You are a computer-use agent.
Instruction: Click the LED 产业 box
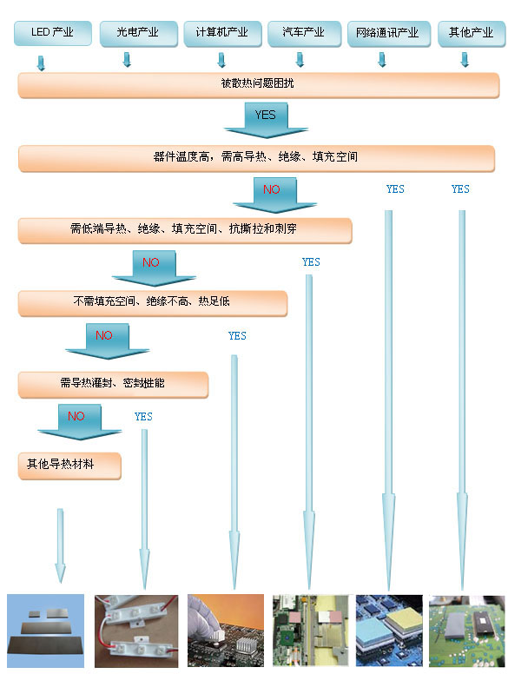click(x=53, y=33)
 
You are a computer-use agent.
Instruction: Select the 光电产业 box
click(x=138, y=33)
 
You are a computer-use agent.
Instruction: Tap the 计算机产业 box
click(x=222, y=33)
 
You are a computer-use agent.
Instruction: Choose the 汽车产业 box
click(x=304, y=33)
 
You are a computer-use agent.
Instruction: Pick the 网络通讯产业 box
click(x=388, y=33)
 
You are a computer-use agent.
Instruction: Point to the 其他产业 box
click(x=472, y=33)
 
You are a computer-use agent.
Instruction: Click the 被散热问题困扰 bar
click(x=258, y=85)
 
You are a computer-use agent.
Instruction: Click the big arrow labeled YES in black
click(x=266, y=121)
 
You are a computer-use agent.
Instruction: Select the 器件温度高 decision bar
click(x=256, y=158)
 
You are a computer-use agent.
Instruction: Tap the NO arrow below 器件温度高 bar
click(x=274, y=195)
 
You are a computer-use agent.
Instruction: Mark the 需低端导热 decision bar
click(x=185, y=230)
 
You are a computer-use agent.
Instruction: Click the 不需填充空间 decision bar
click(x=153, y=303)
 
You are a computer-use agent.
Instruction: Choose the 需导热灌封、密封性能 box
click(x=113, y=385)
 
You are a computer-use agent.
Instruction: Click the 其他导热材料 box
click(x=69, y=466)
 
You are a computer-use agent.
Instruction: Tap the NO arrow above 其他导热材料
click(x=80, y=421)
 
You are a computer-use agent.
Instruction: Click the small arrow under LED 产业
click(x=41, y=63)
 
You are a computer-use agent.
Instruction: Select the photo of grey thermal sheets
click(x=45, y=631)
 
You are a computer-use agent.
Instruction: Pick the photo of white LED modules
click(x=136, y=631)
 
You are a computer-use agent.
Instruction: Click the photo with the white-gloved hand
click(x=226, y=631)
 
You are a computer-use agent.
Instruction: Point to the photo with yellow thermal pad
click(x=389, y=631)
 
